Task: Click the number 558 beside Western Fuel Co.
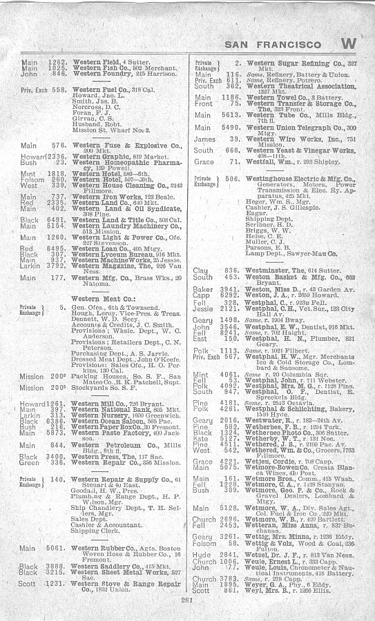(59, 90)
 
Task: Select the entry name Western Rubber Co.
(99, 548)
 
